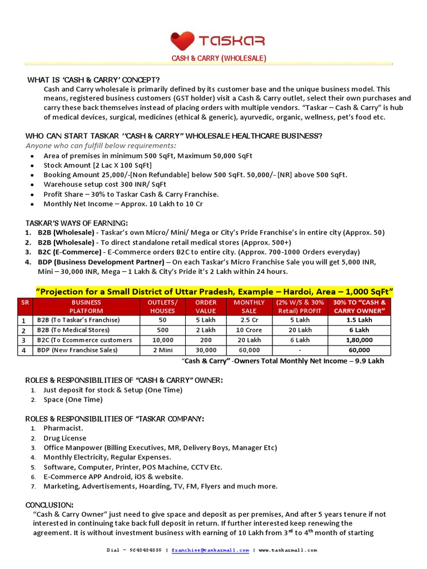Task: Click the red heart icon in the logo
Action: [182, 41]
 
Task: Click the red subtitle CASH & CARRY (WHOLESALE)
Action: [218, 58]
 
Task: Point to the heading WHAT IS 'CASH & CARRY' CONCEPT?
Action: [94, 80]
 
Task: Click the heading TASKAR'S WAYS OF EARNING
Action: [76, 223]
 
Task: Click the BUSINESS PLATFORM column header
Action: [86, 307]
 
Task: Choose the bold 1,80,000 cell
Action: [359, 340]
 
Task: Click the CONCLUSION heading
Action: [49, 505]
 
